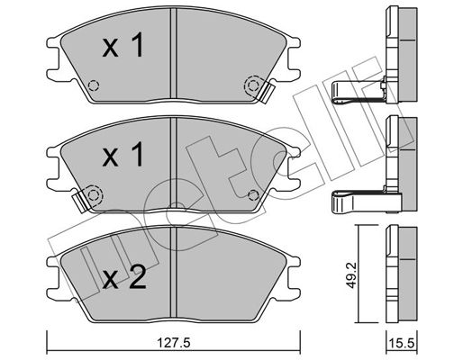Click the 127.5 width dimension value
[174, 343]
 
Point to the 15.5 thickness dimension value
[402, 343]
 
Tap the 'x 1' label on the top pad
[123, 45]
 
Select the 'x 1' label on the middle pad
[123, 155]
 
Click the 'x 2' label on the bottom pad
[124, 278]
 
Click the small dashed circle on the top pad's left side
[94, 86]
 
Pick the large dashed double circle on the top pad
[253, 86]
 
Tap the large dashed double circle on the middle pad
[94, 195]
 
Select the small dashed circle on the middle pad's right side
[253, 195]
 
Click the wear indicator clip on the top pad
[267, 93]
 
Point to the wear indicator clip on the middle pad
[79, 202]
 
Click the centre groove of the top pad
[174, 53]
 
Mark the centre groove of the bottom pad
[174, 272]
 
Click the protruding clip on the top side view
[358, 93]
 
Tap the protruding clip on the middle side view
[367, 202]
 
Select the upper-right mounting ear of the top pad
[294, 42]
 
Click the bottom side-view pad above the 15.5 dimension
[402, 274]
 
